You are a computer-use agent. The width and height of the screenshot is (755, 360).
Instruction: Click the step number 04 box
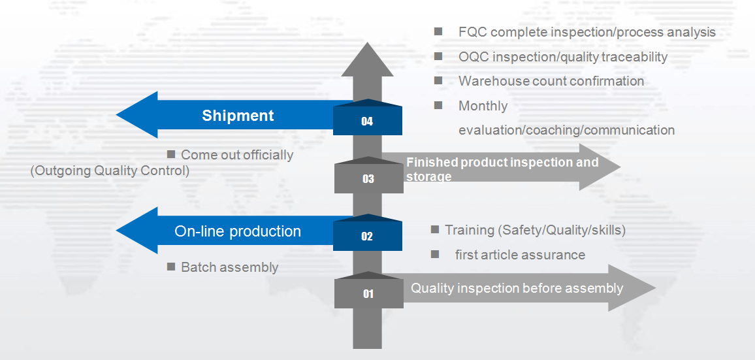[367, 121]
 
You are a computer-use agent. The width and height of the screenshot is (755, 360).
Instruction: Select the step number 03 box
[368, 178]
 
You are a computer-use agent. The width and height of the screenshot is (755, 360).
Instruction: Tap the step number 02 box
[367, 236]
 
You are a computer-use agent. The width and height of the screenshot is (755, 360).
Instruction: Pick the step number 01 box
[368, 293]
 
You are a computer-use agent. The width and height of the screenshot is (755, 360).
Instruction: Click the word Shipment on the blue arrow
[238, 116]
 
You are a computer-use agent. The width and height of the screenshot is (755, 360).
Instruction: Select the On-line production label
[238, 231]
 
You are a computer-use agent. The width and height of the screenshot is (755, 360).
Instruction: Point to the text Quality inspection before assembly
[517, 288]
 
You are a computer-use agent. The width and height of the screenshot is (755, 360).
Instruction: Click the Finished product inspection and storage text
[502, 169]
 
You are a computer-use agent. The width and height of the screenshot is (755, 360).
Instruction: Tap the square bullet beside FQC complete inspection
[438, 31]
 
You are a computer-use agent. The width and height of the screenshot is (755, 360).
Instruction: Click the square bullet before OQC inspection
[438, 56]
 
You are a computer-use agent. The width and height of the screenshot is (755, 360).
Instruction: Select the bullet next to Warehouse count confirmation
[438, 80]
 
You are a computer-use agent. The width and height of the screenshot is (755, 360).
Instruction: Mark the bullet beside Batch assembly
[171, 267]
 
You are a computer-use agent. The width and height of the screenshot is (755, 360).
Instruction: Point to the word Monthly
[483, 106]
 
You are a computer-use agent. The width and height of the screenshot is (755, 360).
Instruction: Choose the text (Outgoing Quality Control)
[110, 171]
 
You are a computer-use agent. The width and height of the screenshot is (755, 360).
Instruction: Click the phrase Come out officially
[237, 155]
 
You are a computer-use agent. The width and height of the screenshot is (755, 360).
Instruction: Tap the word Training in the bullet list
[469, 230]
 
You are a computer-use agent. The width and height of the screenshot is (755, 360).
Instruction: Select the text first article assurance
[520, 255]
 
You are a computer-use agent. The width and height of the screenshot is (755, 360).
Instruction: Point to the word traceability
[630, 57]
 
